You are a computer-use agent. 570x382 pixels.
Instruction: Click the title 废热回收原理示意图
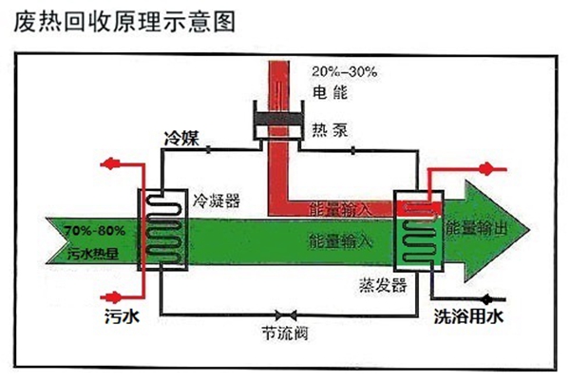click(x=123, y=21)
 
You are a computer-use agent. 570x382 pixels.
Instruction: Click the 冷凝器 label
click(x=216, y=201)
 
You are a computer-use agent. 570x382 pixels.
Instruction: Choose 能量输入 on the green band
click(x=339, y=240)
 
